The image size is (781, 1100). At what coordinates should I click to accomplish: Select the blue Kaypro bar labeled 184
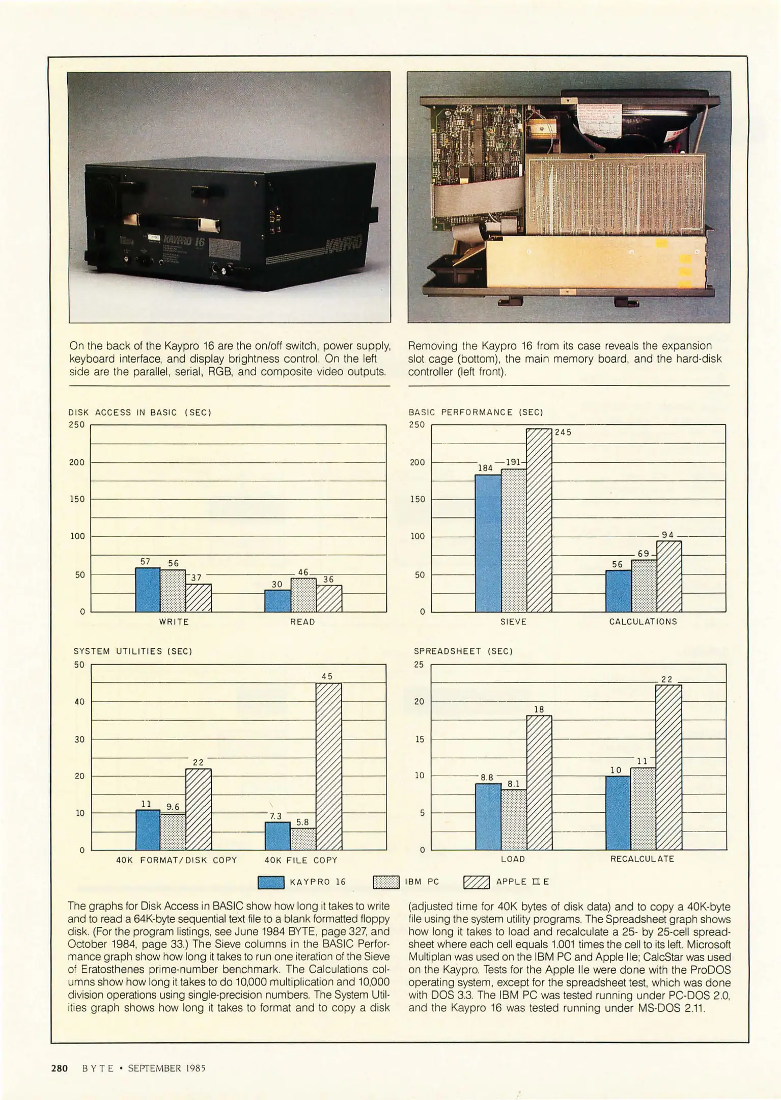click(488, 543)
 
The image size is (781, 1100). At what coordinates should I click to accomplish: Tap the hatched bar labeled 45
click(329, 766)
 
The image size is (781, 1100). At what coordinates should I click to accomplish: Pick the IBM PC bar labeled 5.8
click(303, 839)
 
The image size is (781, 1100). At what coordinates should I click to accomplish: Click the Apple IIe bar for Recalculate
click(669, 767)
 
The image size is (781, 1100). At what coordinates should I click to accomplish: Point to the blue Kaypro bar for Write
click(148, 589)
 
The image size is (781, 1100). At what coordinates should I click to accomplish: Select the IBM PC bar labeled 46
click(303, 595)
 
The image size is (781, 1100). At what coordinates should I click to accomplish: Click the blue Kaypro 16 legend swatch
click(271, 882)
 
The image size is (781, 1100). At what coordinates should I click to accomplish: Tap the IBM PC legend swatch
click(386, 882)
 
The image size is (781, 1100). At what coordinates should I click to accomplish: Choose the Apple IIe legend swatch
click(477, 882)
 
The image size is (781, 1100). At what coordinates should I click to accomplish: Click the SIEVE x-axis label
click(513, 622)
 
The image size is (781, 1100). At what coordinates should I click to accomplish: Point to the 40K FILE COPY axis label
click(301, 860)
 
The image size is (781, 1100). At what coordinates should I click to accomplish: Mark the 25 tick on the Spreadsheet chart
click(419, 665)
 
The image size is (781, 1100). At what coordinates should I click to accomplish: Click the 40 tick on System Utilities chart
click(79, 702)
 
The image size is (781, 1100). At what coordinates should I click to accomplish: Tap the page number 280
click(60, 1068)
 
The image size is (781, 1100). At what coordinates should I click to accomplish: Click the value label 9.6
click(173, 807)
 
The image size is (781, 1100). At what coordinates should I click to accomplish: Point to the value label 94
click(667, 535)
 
